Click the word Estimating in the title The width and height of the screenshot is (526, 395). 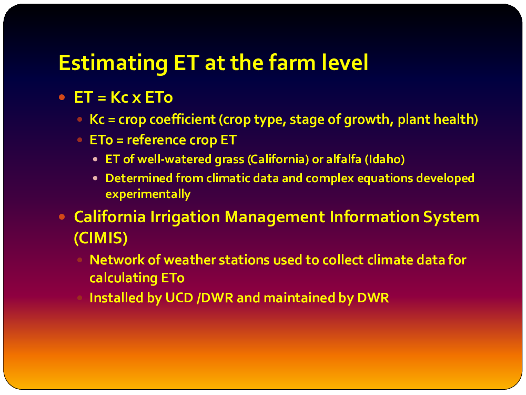(113, 63)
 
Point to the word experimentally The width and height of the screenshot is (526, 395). (148, 194)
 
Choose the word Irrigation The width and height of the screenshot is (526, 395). (185, 217)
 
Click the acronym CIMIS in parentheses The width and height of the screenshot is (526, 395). (100, 238)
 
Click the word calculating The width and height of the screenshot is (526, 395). (124, 278)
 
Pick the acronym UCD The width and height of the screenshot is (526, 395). (179, 298)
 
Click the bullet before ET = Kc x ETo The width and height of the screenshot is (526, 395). (62, 98)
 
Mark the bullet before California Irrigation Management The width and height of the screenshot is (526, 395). (62, 217)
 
